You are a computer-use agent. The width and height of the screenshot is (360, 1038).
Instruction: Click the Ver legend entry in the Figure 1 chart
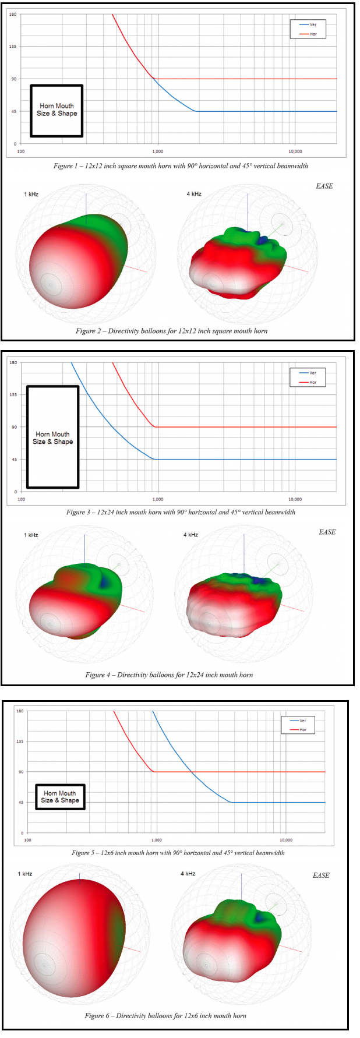coord(308,24)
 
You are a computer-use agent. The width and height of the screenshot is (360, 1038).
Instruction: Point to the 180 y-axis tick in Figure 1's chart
coord(13,14)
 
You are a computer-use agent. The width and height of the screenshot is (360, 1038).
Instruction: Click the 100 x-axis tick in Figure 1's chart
coord(21,151)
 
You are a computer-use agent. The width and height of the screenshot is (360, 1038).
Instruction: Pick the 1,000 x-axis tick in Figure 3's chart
coord(158,499)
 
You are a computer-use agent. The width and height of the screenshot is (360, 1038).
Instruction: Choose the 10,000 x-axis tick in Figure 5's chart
coord(285,840)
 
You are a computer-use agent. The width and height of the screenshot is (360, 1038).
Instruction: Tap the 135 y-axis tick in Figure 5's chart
coord(20,742)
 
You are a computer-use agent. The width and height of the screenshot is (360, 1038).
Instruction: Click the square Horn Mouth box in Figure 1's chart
coord(57,111)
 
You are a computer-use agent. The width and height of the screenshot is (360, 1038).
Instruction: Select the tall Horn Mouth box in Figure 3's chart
coord(52,437)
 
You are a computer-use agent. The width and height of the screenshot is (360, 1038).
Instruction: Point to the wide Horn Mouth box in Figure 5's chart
coord(59,797)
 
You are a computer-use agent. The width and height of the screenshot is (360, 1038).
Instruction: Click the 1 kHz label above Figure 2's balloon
coord(31,194)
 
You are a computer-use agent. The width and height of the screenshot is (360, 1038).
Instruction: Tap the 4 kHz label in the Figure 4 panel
coord(190,535)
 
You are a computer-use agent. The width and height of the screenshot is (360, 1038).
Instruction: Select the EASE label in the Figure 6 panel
coord(321,875)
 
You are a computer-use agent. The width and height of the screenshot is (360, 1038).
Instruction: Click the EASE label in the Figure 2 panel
coord(324,186)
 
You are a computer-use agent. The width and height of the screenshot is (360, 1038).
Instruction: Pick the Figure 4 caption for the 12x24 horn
coord(169,675)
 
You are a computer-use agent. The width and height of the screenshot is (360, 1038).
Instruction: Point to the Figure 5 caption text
coord(178,853)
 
